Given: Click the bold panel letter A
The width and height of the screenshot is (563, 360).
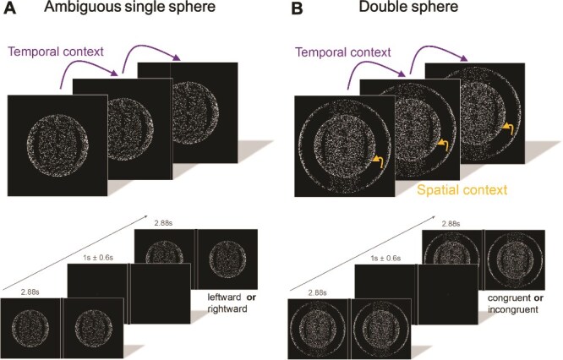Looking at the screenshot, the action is click(12, 11).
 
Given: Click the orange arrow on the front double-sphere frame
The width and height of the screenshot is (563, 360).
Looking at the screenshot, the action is click(377, 160).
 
